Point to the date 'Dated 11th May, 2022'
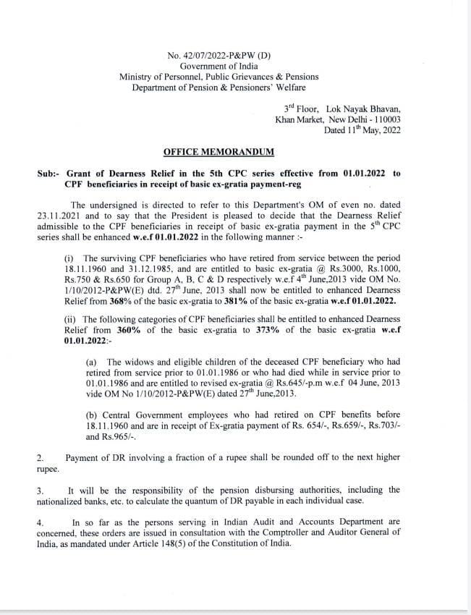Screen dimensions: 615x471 tap(362, 131)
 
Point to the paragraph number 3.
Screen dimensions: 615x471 tap(40, 491)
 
